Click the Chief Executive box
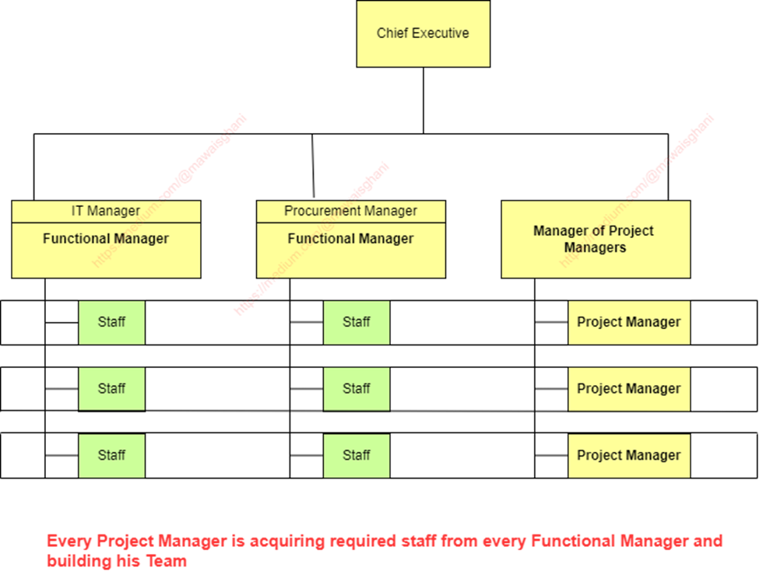click(423, 33)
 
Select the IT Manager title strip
click(106, 211)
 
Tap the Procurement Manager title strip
click(350, 211)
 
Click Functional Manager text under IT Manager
click(106, 239)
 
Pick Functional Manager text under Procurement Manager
click(350, 239)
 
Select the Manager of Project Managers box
click(595, 239)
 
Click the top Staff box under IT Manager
click(111, 322)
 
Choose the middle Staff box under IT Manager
click(111, 389)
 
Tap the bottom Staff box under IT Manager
click(111, 456)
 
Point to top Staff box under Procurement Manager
click(357, 322)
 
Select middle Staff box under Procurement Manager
click(357, 389)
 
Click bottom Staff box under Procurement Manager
click(357, 456)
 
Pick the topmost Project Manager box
click(628, 322)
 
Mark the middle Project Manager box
click(628, 389)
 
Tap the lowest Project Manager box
click(628, 456)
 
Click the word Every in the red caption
click(69, 541)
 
